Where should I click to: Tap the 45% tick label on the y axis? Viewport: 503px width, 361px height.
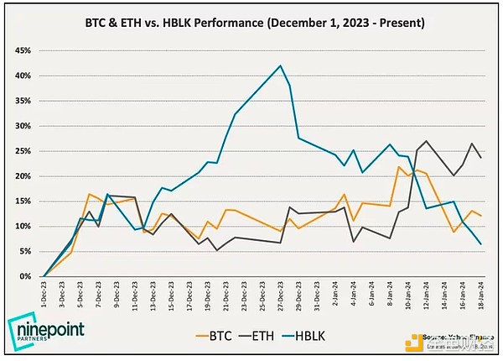tap(23, 50)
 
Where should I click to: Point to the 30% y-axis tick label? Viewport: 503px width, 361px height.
tap(23, 126)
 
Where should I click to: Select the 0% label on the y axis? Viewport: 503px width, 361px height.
tap(25, 276)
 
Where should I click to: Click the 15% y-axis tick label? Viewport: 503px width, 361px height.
tap(23, 201)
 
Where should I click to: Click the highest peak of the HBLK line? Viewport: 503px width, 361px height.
tap(280, 65)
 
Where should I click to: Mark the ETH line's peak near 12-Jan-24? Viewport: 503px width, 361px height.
tap(427, 141)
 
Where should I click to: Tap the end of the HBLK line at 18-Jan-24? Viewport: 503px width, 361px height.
tap(480, 244)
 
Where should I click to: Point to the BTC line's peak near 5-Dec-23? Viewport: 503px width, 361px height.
tap(89, 194)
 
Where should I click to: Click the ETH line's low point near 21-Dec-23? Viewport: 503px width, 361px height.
tap(217, 250)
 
